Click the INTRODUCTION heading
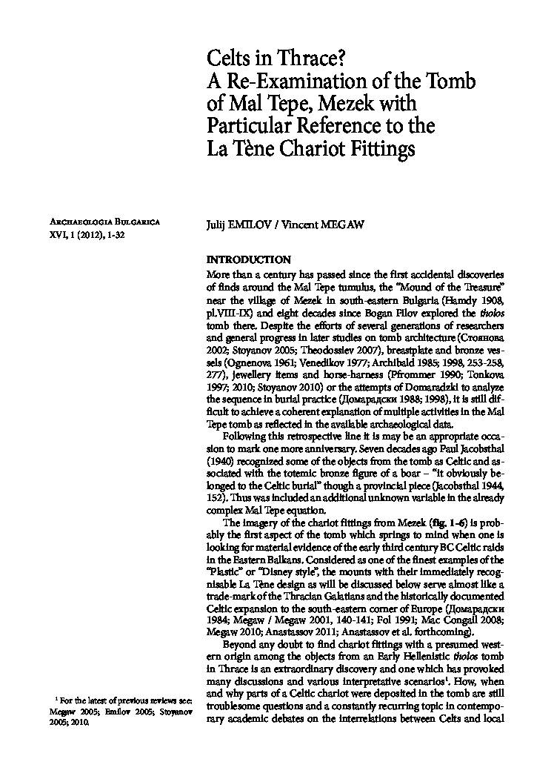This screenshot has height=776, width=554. click(x=248, y=259)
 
